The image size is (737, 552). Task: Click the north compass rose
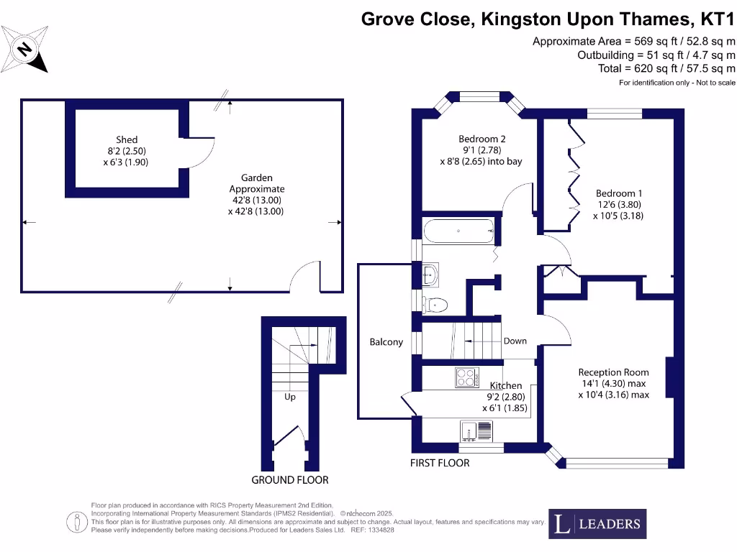pyautogui.click(x=24, y=50)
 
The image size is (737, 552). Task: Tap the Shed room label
pyautogui.click(x=127, y=140)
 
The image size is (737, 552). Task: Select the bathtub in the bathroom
pyautogui.click(x=458, y=231)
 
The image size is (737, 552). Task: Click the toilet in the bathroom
pyautogui.click(x=435, y=305)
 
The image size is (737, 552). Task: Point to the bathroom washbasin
pyautogui.click(x=430, y=275)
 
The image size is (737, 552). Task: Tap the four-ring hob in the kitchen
pyautogui.click(x=467, y=378)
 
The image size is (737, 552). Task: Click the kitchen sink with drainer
pyautogui.click(x=476, y=431)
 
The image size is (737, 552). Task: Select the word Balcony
pyautogui.click(x=386, y=342)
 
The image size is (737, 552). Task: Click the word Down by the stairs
pyautogui.click(x=515, y=341)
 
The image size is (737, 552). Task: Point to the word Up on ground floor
pyautogui.click(x=290, y=397)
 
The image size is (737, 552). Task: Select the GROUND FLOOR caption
pyautogui.click(x=290, y=480)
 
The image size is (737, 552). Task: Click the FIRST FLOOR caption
pyautogui.click(x=440, y=464)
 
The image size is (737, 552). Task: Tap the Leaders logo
pyautogui.click(x=597, y=524)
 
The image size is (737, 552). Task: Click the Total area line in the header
pyautogui.click(x=666, y=68)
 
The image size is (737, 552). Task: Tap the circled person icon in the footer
pyautogui.click(x=76, y=523)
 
